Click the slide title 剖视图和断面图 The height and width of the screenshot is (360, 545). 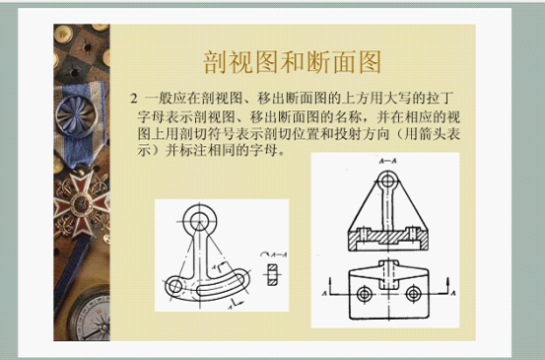pyautogui.click(x=292, y=63)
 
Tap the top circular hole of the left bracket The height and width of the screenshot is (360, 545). pyautogui.click(x=205, y=219)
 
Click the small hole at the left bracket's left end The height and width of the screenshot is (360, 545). pyautogui.click(x=174, y=286)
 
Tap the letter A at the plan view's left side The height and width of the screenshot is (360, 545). pyautogui.click(x=325, y=294)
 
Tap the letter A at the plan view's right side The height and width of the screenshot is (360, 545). pyautogui.click(x=451, y=294)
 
